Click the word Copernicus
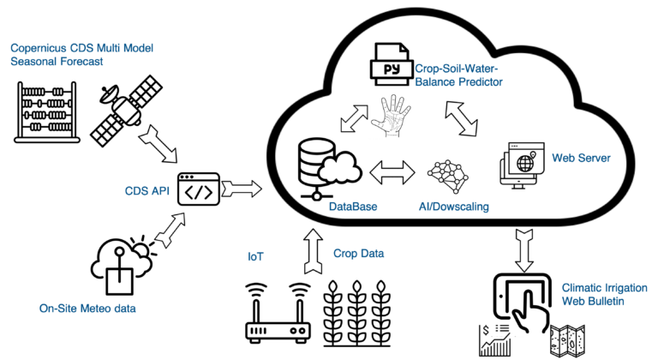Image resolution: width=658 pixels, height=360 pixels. (37, 48)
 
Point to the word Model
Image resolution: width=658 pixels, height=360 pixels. (136, 48)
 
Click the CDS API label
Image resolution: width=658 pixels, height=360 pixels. (147, 191)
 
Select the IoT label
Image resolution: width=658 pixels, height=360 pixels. (255, 256)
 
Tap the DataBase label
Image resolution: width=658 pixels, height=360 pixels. (353, 207)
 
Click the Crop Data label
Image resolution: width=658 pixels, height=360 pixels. (358, 254)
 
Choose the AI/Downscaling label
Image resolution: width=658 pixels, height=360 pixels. (453, 207)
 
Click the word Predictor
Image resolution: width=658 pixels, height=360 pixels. (480, 82)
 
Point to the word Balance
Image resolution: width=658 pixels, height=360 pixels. (434, 82)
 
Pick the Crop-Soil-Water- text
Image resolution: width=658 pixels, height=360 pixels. (456, 69)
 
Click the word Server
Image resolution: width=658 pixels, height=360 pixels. (593, 158)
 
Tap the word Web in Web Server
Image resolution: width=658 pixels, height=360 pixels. (562, 158)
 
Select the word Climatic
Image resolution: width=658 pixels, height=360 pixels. (582, 287)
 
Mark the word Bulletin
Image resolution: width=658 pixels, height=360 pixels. (604, 301)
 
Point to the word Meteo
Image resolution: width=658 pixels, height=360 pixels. (97, 309)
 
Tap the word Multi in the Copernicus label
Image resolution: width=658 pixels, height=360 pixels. (106, 48)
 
